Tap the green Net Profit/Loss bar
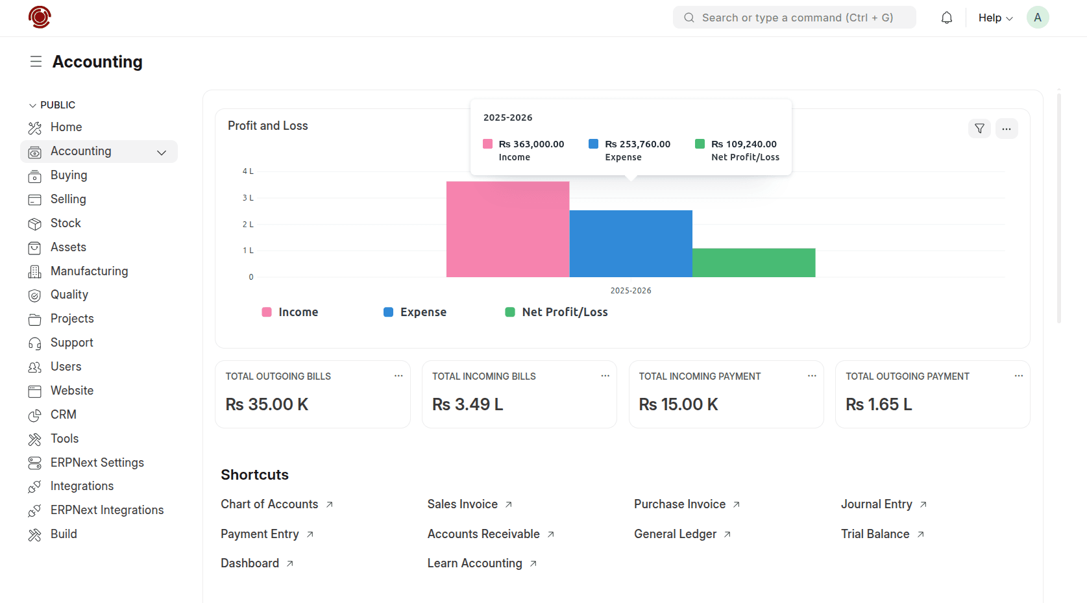point(753,263)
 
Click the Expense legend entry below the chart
point(415,312)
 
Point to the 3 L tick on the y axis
point(248,198)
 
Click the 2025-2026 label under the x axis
point(630,291)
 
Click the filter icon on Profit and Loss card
point(979,129)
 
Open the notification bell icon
point(946,18)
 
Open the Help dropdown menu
point(995,18)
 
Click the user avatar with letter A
point(1037,18)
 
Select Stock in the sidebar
point(66,223)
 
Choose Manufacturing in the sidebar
point(89,271)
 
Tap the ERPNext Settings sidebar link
point(97,463)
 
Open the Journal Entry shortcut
point(876,504)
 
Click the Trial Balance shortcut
point(875,534)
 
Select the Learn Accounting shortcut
point(474,563)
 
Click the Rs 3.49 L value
point(467,404)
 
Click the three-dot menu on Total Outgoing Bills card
point(398,376)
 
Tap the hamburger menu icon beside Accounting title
point(36,62)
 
